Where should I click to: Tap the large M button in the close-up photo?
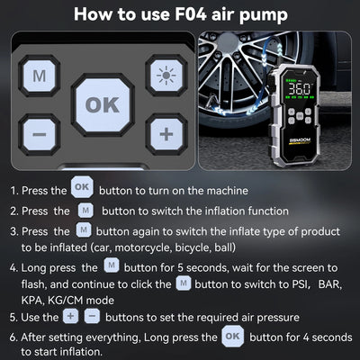pyautogui.click(x=39, y=76)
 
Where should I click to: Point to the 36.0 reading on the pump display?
pyautogui.click(x=303, y=90)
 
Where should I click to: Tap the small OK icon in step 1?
pyautogui.click(x=82, y=190)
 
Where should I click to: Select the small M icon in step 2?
pyautogui.click(x=85, y=211)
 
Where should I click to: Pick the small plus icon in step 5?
pyautogui.click(x=71, y=316)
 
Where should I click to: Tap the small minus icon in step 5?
pyautogui.click(x=92, y=316)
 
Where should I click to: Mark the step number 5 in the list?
pyautogui.click(x=13, y=317)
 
